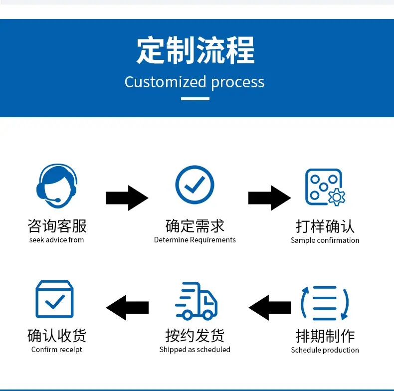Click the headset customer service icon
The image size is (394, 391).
click(57, 186)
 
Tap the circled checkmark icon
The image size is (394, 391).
click(195, 185)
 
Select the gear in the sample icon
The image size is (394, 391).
click(337, 197)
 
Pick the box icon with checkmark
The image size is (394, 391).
click(54, 299)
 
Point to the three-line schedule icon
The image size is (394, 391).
click(325, 303)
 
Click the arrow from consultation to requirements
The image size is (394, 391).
click(127, 198)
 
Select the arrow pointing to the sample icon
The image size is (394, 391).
click(270, 198)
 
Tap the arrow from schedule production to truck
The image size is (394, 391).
click(270, 308)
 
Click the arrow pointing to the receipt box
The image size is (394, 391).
click(127, 308)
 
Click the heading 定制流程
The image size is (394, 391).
click(196, 50)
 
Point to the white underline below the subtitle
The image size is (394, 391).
click(195, 99)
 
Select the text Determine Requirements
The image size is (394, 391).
click(195, 240)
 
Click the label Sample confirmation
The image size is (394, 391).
click(325, 240)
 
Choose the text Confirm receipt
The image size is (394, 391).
click(57, 350)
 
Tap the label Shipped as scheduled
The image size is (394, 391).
click(195, 350)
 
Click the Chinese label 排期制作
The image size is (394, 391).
click(325, 336)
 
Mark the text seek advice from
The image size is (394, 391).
click(56, 240)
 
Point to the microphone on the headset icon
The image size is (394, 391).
click(54, 200)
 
